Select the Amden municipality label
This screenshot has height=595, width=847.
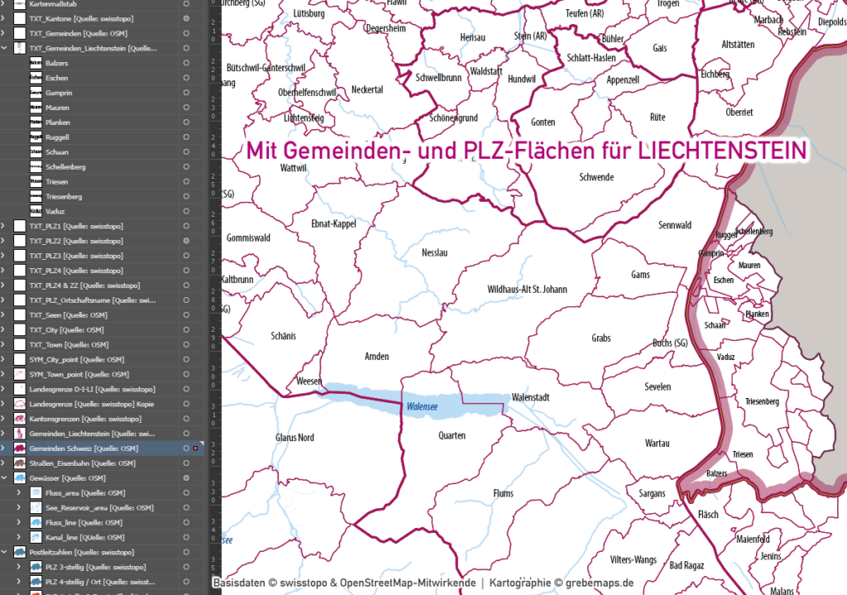376,356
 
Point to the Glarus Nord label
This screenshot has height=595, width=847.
294,437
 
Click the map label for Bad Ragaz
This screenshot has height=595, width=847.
687,565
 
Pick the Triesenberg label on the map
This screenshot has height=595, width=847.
762,401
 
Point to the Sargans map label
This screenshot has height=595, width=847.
651,494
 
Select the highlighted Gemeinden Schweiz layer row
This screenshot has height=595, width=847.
83,449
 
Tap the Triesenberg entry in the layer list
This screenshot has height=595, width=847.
64,197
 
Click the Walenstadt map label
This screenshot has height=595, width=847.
531,396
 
